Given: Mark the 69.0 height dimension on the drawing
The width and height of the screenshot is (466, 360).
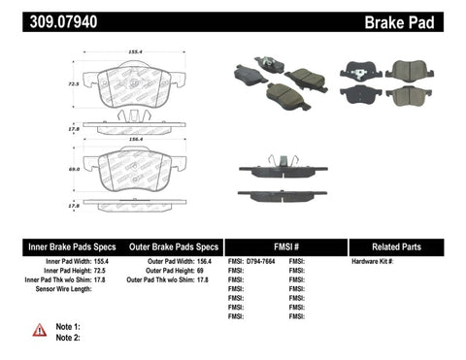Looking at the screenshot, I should point(71,170).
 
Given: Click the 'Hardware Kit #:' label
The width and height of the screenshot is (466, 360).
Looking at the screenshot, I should point(373,262).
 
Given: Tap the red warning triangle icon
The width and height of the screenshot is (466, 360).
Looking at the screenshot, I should point(39,330).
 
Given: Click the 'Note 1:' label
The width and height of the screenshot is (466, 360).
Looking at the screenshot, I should point(68,326).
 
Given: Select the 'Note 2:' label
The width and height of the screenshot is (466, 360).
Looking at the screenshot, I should point(68,337).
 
